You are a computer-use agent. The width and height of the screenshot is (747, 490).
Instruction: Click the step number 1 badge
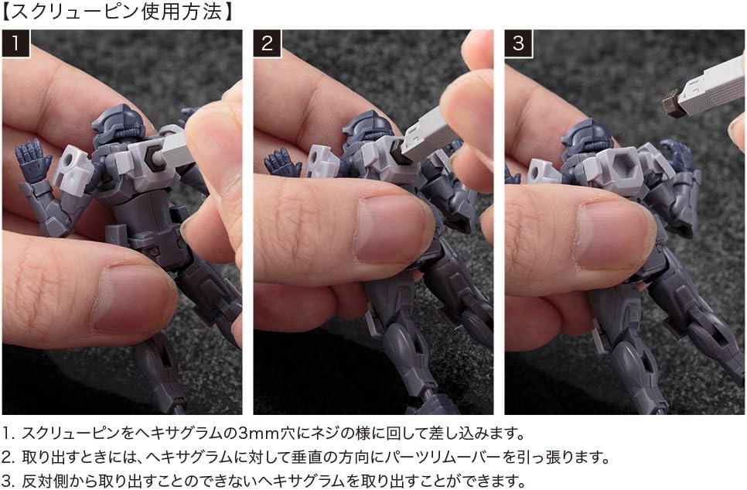(15, 43)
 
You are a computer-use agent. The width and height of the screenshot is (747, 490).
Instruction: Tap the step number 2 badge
(268, 43)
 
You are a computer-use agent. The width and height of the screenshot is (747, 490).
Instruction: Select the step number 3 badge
(519, 43)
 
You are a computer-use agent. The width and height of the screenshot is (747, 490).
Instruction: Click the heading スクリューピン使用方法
(118, 12)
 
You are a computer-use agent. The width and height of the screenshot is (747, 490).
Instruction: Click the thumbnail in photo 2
(390, 230)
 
